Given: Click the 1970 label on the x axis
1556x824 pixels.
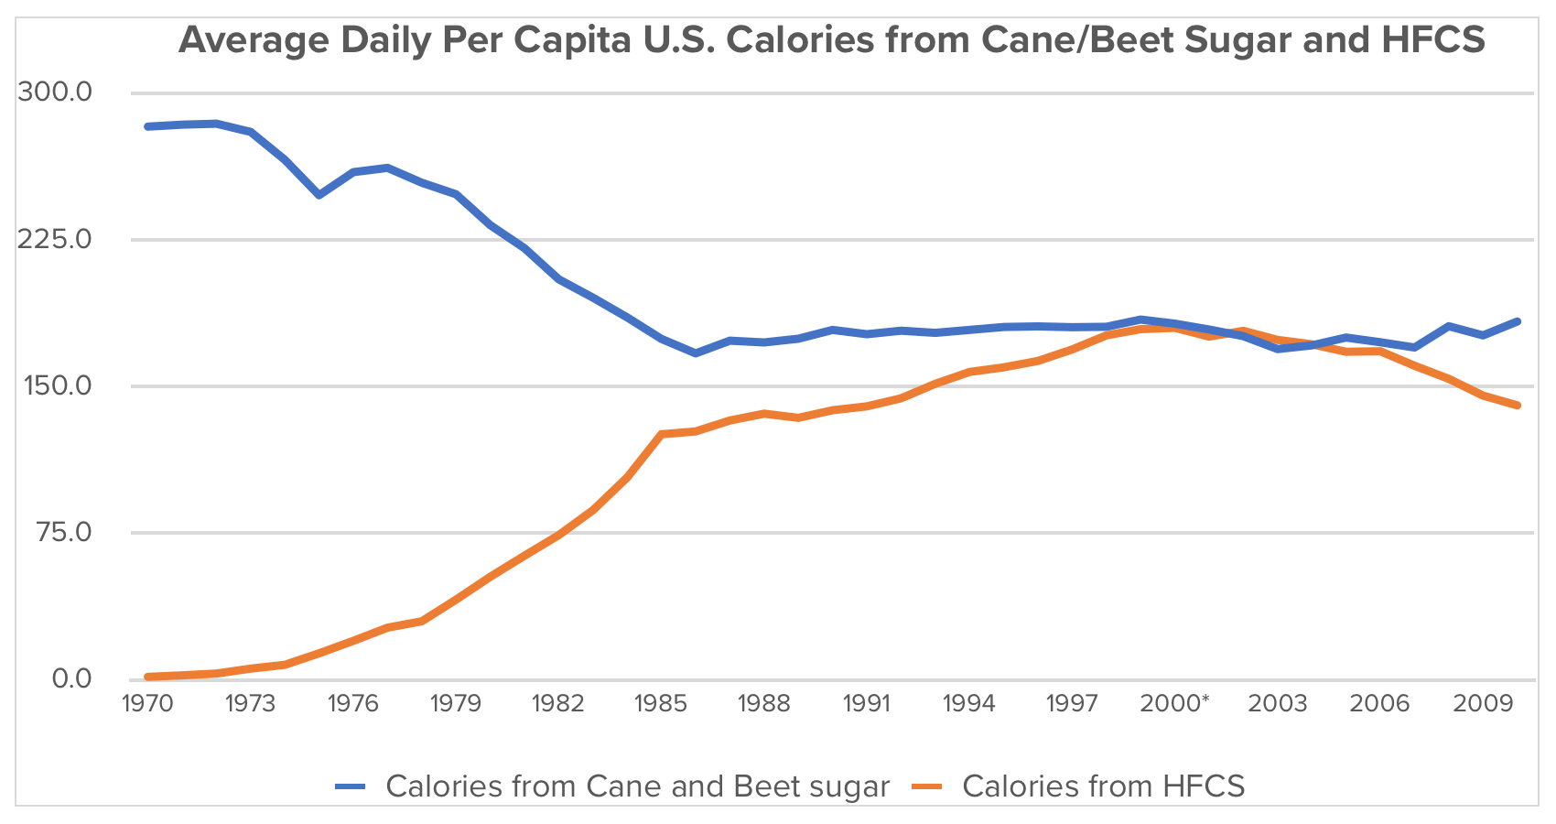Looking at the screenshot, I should coord(147,703).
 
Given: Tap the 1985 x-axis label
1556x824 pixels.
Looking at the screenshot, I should coord(661,703).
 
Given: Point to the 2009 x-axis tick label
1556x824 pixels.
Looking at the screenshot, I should coord(1482,703).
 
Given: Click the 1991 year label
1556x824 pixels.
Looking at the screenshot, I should coord(866,703).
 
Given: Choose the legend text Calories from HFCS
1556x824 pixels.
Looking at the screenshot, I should coord(1103,786).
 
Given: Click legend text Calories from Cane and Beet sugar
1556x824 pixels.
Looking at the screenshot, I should coord(637,786).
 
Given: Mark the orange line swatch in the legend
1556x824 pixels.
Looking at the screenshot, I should coord(927,786).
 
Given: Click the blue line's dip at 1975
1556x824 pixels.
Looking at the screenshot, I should coord(319,195).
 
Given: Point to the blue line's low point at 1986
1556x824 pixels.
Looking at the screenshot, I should coord(696,352).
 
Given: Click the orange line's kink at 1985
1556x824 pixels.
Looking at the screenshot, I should coord(661,434).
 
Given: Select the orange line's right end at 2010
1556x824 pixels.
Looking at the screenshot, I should coord(1518,405).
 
